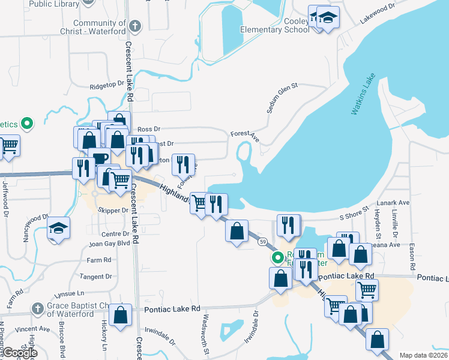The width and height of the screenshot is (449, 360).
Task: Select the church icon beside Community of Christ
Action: (135, 26)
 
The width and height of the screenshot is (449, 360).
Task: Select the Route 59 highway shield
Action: (264, 241)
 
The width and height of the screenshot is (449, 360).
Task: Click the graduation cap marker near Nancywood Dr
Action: (59, 229)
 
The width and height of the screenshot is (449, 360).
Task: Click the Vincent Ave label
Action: (32, 329)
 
